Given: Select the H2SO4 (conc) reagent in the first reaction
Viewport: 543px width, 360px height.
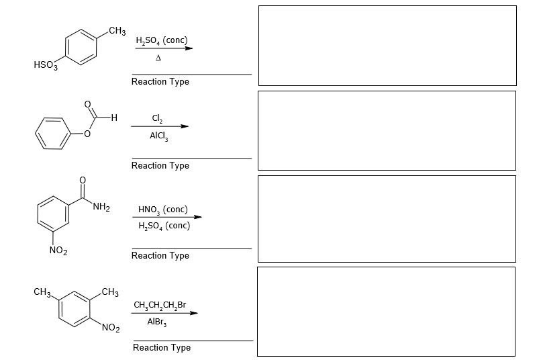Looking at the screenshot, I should (x=161, y=40).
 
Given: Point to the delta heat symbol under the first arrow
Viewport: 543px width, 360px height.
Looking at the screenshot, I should (x=160, y=58).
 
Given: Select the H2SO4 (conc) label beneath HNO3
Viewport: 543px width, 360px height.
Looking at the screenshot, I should (x=164, y=225).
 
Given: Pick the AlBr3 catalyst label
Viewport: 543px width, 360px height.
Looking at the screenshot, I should (x=156, y=322).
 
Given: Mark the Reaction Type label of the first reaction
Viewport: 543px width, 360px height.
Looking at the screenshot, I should (x=160, y=81).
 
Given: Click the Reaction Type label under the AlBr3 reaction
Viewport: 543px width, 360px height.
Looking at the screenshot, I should (x=162, y=347).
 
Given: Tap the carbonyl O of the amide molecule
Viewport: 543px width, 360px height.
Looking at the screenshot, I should (x=82, y=179).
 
